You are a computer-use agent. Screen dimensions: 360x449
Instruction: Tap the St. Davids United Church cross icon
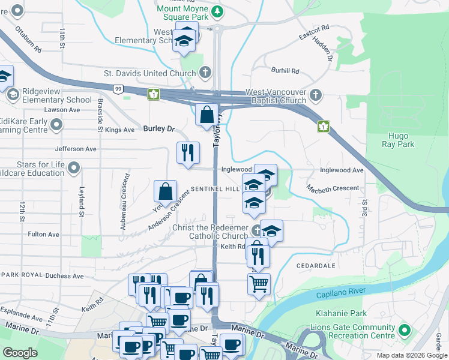coord(205,73)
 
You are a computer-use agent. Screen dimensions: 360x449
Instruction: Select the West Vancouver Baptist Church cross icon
coord(316,95)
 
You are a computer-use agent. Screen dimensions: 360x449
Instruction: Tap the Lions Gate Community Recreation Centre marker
coord(405,330)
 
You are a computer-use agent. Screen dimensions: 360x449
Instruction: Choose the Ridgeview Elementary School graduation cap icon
coord(13,95)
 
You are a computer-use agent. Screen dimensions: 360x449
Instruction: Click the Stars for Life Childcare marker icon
coord(74,168)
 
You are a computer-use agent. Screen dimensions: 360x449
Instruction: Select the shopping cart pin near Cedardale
coord(259,284)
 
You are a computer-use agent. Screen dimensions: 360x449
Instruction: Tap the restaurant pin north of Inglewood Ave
coord(188,152)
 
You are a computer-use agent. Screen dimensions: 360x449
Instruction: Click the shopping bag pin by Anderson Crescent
coord(165,191)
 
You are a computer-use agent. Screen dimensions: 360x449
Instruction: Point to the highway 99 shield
coord(118,89)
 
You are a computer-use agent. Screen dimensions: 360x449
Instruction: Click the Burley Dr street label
coord(158,128)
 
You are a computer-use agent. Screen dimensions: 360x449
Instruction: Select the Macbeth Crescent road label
coord(333,188)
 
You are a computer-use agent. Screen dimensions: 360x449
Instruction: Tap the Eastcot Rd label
coord(314,32)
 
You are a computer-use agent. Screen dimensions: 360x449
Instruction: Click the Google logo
coord(20,353)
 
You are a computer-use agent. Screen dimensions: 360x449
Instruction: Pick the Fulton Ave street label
coord(44,234)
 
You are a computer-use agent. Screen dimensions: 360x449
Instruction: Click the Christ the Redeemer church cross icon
coord(256,230)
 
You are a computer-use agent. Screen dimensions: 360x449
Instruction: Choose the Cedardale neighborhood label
coord(315,264)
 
